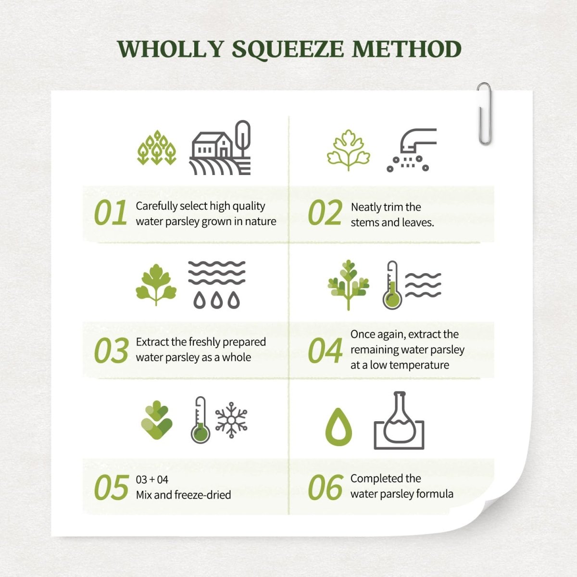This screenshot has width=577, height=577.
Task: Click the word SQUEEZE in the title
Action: click(x=288, y=50)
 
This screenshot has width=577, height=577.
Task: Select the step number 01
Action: click(x=111, y=213)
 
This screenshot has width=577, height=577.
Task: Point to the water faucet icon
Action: click(x=412, y=150)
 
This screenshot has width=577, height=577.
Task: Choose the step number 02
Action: click(x=325, y=213)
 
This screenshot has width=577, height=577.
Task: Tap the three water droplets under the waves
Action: click(x=217, y=300)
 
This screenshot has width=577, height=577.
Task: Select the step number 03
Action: click(x=111, y=351)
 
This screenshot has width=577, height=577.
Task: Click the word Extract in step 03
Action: click(x=152, y=342)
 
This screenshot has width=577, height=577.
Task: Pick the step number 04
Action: click(x=325, y=351)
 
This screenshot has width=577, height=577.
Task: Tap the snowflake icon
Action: click(x=231, y=420)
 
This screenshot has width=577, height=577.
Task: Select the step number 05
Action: click(x=112, y=488)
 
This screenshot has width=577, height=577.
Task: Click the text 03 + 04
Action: click(x=152, y=480)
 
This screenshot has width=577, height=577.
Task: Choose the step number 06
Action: click(x=325, y=488)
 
